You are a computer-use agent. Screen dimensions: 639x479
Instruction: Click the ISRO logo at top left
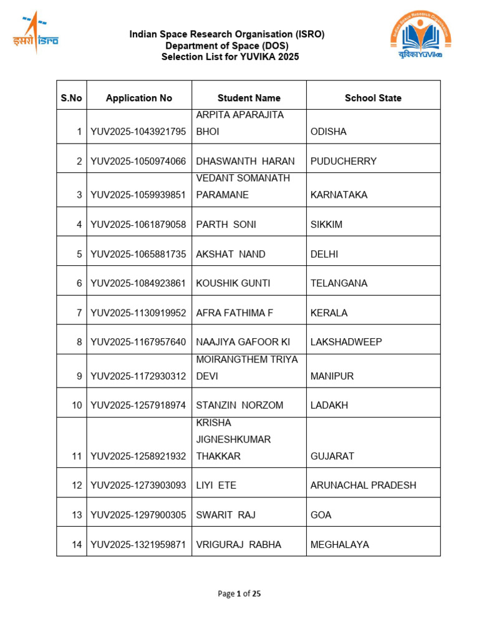coord(36,33)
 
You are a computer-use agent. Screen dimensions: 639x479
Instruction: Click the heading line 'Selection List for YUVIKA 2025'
coord(230,57)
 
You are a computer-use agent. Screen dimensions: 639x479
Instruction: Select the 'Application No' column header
coord(139,98)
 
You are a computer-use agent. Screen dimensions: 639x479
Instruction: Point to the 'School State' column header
coord(373,98)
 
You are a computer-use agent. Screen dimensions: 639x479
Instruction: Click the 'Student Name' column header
coord(249,98)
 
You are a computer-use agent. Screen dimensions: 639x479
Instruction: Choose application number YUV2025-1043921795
coord(138,132)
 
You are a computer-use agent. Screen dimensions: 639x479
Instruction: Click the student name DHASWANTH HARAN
coord(245,161)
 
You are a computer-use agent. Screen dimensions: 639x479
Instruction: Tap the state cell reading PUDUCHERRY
coord(344,161)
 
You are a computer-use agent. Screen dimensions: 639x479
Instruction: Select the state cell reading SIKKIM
coord(327,225)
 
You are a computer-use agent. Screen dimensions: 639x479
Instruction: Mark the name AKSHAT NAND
coord(231,254)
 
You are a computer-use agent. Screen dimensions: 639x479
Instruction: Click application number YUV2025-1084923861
coord(138,283)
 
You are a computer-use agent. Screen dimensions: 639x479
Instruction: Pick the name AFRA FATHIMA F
coord(235,313)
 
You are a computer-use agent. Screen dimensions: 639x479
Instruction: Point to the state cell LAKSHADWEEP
coord(346,342)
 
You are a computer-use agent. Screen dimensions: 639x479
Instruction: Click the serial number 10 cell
coord(77,406)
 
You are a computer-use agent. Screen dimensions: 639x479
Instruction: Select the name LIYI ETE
coord(216,485)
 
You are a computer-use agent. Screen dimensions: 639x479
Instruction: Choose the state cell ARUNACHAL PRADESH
coord(363,485)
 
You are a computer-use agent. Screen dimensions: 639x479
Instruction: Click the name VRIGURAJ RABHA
coord(239,545)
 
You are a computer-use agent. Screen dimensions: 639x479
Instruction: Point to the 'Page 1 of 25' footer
coord(239,593)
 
